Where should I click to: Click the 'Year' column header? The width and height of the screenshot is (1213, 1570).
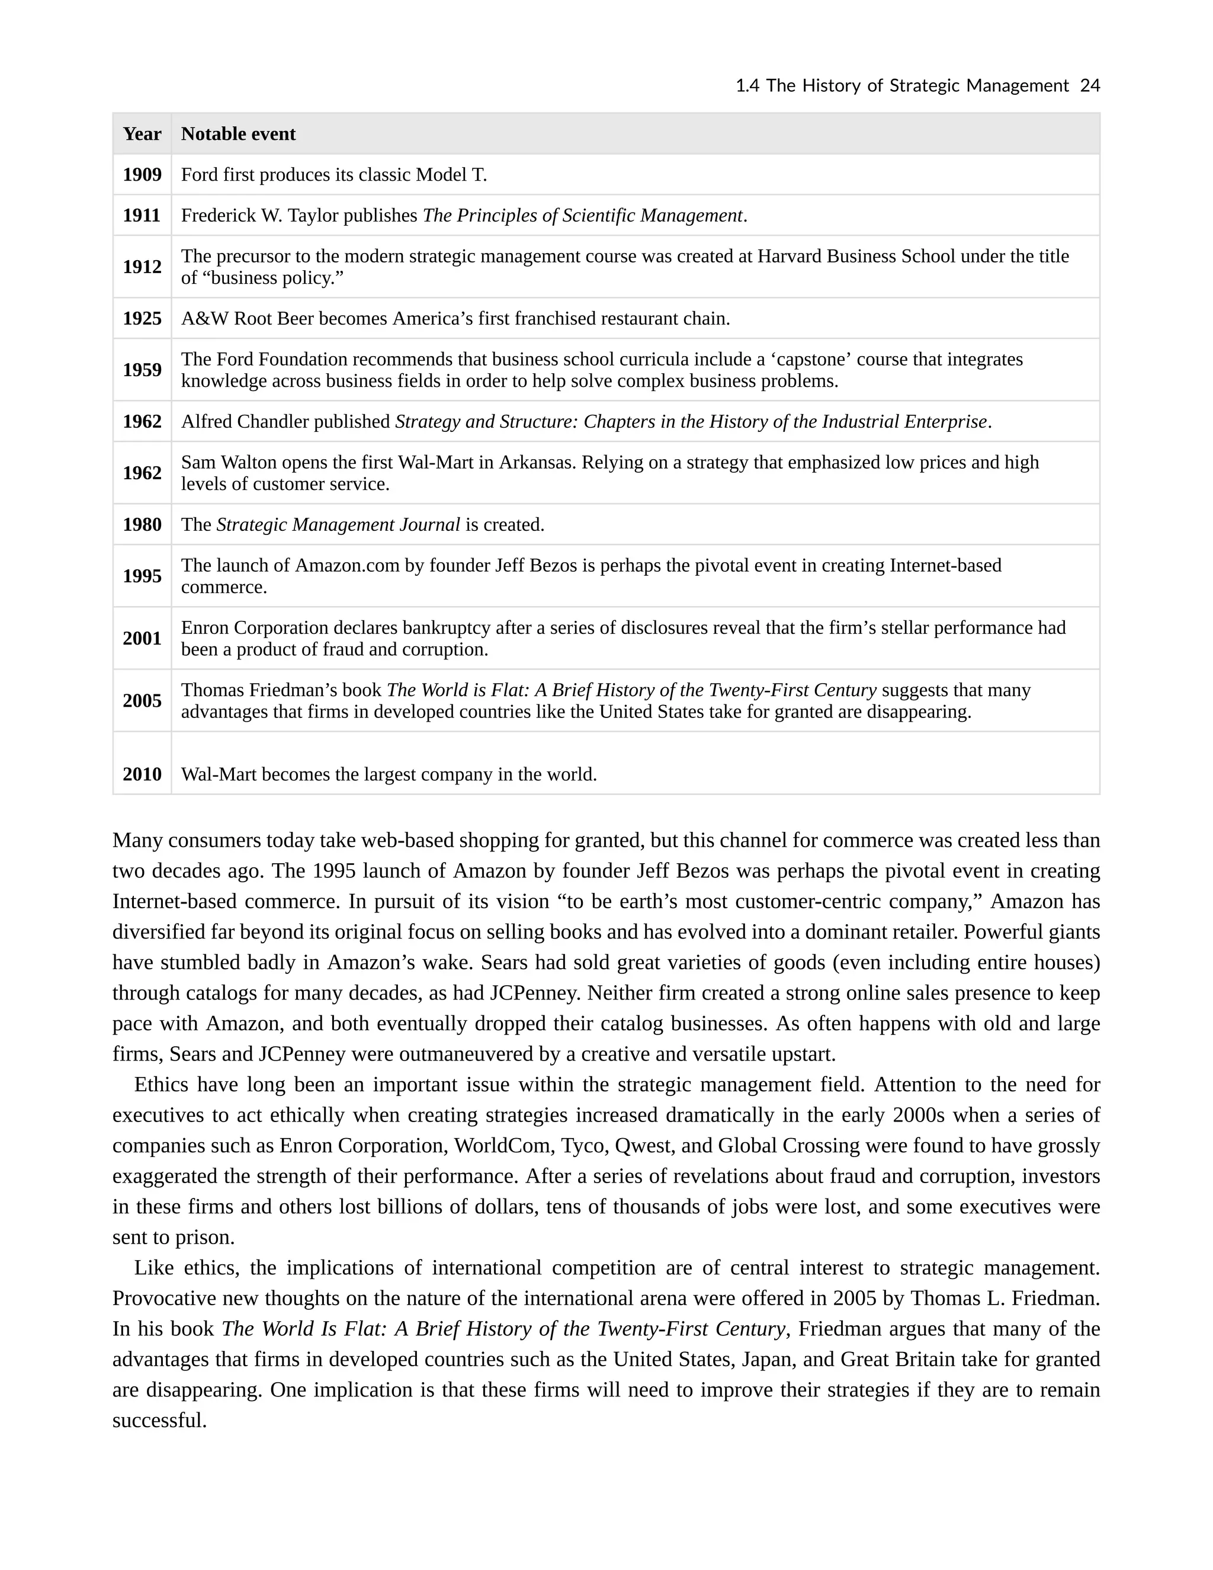click(x=142, y=134)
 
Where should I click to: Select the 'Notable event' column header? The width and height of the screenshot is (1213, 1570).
click(x=238, y=134)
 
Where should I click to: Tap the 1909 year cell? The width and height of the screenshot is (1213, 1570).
click(x=142, y=175)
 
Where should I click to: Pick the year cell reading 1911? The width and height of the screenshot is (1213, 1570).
click(x=142, y=216)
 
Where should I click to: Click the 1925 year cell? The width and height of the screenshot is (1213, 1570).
click(x=142, y=319)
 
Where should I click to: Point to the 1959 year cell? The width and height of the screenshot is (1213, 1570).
click(x=142, y=370)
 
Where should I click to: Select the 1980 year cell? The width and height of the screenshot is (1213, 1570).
click(x=142, y=525)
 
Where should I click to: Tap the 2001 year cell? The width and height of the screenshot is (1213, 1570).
click(x=142, y=638)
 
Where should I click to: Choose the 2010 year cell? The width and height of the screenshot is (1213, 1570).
click(x=142, y=774)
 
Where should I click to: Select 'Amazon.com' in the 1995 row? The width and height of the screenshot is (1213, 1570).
click(x=347, y=566)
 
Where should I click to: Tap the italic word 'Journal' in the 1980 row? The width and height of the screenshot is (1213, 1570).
click(x=430, y=525)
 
